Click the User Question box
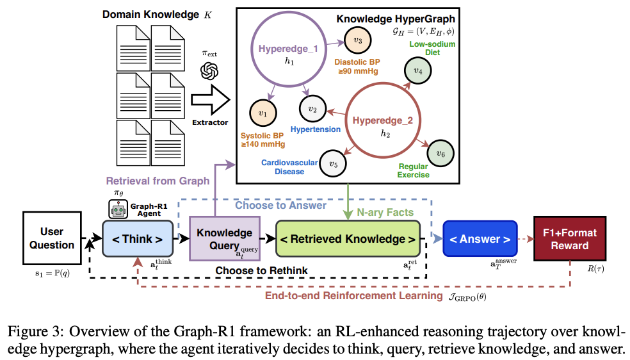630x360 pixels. [52, 238]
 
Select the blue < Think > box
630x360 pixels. [138, 239]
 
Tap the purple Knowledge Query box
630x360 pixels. [225, 239]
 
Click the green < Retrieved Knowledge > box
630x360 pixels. [348, 239]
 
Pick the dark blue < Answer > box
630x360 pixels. [480, 239]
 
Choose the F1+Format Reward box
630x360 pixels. [570, 239]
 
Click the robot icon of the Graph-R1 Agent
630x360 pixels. [118, 209]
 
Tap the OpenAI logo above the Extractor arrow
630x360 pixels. [209, 72]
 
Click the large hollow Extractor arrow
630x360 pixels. [210, 100]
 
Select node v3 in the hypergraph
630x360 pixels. [358, 40]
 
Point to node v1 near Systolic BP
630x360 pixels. [263, 113]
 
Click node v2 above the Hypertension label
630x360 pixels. [312, 109]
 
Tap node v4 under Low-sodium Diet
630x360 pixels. [418, 70]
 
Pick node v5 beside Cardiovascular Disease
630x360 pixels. [333, 163]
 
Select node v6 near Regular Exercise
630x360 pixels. [440, 154]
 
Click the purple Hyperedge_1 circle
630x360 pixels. [251, 49]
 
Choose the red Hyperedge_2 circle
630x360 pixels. [346, 120]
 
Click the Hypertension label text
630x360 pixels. [316, 129]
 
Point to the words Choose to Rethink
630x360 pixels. [262, 271]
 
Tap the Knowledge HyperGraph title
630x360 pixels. [396, 19]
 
